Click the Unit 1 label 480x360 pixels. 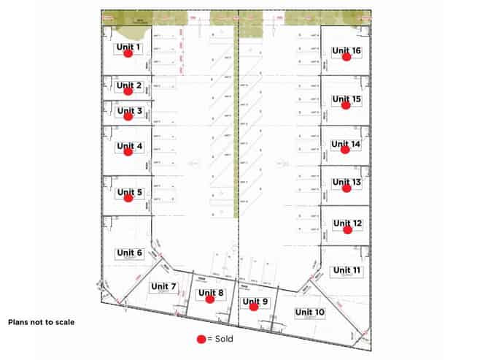pyautogui.click(x=128, y=47)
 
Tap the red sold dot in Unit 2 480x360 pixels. pyautogui.click(x=128, y=91)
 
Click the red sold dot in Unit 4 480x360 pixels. pyautogui.click(x=128, y=152)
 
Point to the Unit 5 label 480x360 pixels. pyautogui.click(x=129, y=192)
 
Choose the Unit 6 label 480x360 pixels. pyautogui.click(x=129, y=253)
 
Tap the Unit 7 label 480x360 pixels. pyautogui.click(x=163, y=286)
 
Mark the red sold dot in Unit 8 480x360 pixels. pyautogui.click(x=210, y=299)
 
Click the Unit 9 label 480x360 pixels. pyautogui.click(x=255, y=300)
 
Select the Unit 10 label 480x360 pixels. pyautogui.click(x=309, y=312)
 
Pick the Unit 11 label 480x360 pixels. pyautogui.click(x=347, y=270)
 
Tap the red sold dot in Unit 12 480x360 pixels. pyautogui.click(x=348, y=229)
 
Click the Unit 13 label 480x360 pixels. pyautogui.click(x=347, y=182)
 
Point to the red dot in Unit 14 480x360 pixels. pyautogui.click(x=346, y=150)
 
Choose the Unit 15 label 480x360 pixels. pyautogui.click(x=346, y=99)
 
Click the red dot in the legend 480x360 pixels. pyautogui.click(x=201, y=340)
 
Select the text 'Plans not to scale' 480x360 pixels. pyautogui.click(x=41, y=321)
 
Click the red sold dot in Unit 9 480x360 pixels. pyautogui.click(x=254, y=307)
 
